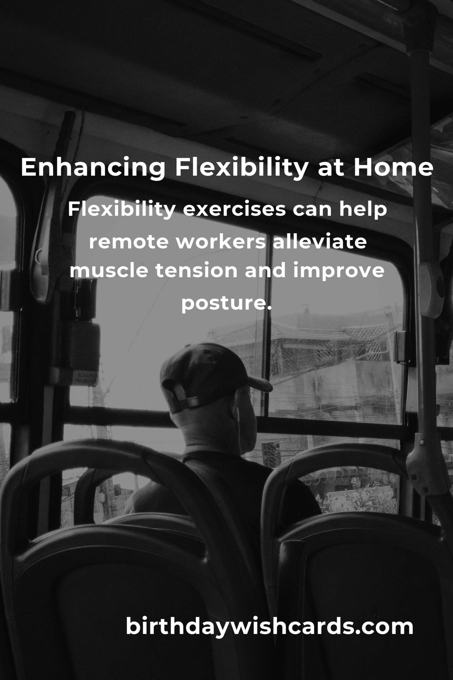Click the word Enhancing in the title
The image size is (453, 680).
[x=93, y=168]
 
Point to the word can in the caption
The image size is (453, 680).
[x=312, y=211]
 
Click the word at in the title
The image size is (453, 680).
[x=330, y=169]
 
